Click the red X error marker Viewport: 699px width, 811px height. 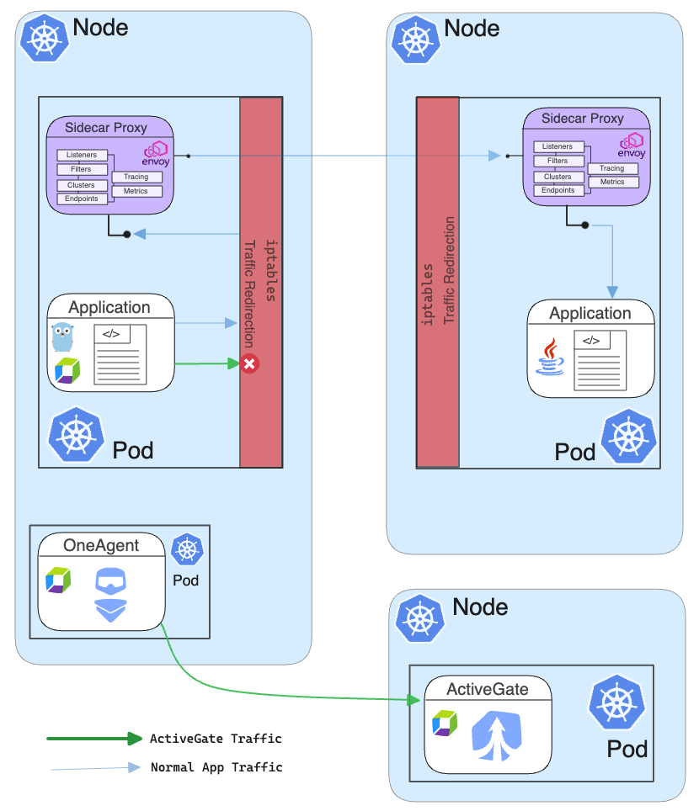pos(249,364)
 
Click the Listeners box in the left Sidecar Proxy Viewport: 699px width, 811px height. pos(82,155)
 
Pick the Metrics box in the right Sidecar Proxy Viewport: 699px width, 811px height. pos(612,182)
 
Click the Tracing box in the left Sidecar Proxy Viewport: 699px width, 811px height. pos(136,177)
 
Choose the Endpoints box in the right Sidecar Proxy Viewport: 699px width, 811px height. pos(558,190)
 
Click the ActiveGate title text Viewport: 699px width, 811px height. pos(488,689)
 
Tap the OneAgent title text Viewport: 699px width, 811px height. pos(101,545)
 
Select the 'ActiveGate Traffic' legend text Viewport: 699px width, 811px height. pos(216,739)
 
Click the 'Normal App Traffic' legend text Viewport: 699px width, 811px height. pos(216,767)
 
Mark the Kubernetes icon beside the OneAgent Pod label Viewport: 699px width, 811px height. pos(187,550)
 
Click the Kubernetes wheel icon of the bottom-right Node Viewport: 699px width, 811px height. pos(419,619)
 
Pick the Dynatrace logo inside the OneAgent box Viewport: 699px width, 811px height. pos(58,580)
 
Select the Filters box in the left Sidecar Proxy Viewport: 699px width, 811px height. pos(81,169)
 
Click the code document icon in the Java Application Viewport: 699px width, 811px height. pos(601,360)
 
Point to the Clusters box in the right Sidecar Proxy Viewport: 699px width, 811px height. pos(558,177)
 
